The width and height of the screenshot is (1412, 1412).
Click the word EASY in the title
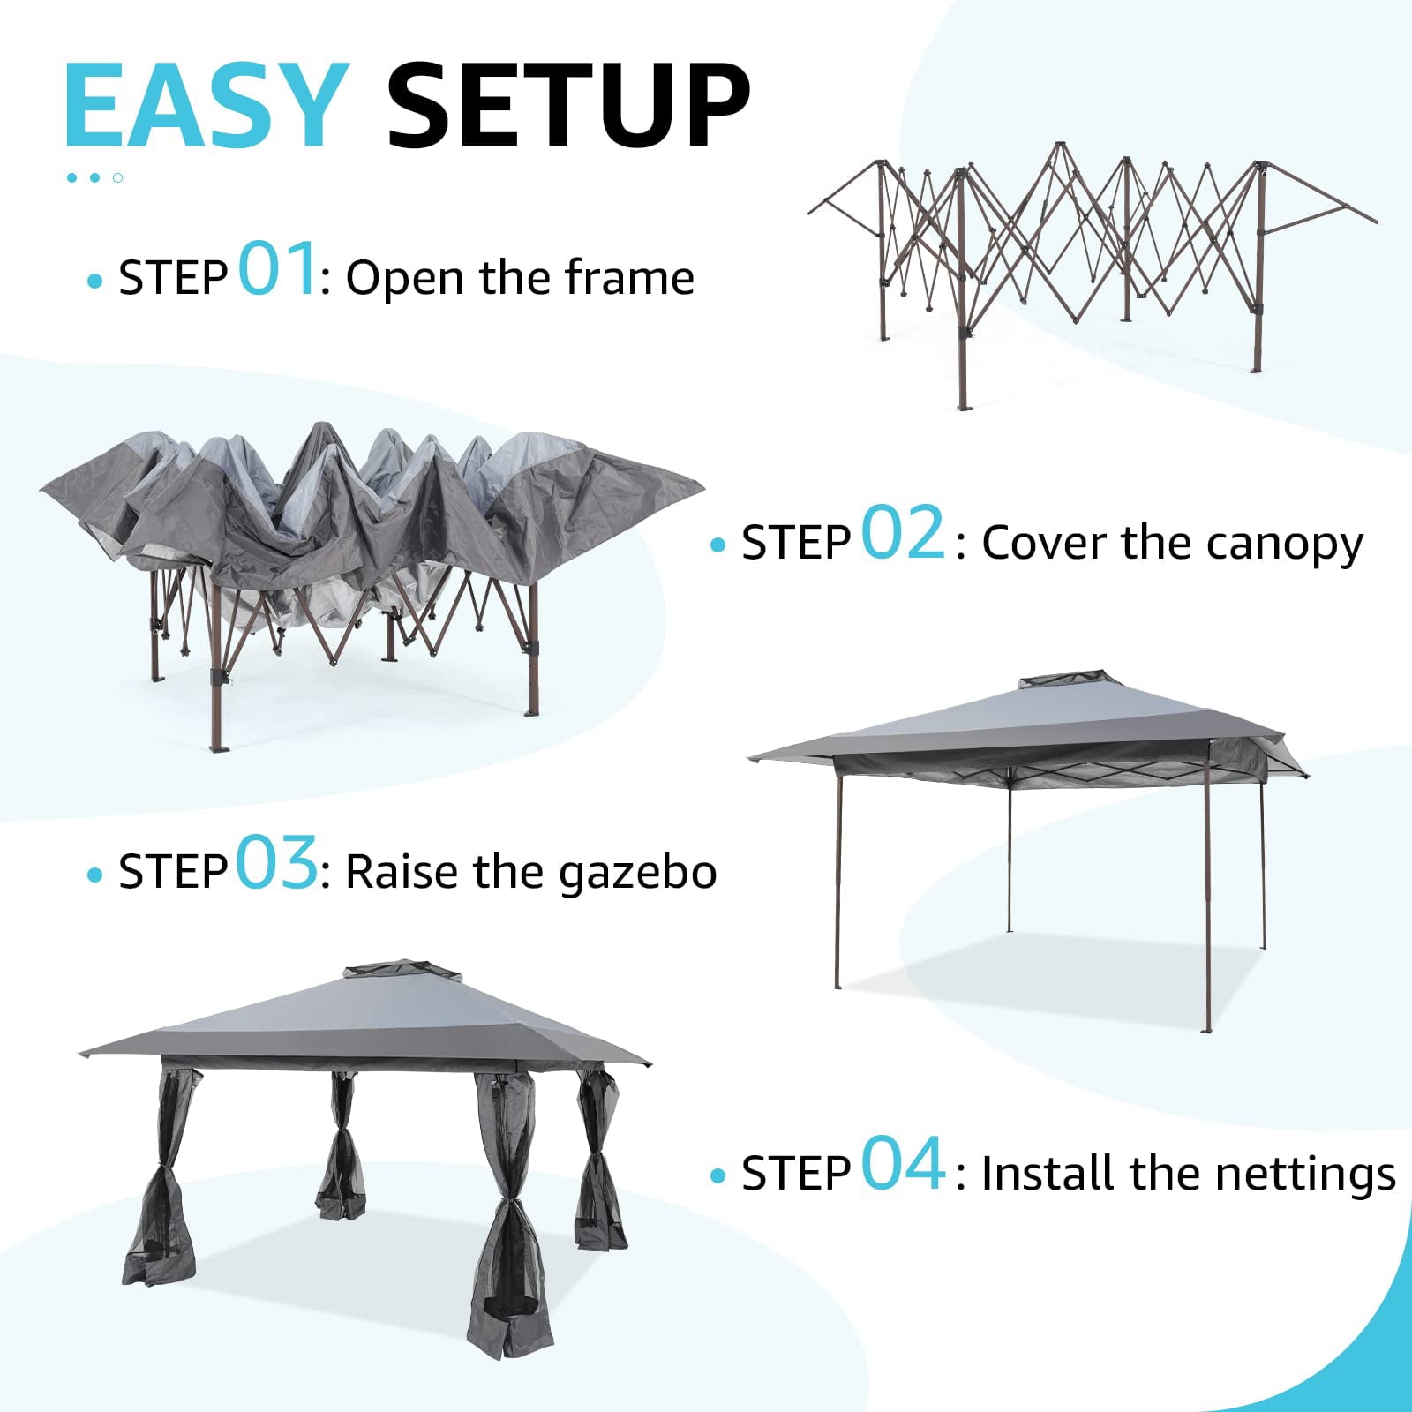point(205,106)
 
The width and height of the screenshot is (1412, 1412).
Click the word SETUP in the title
point(567,106)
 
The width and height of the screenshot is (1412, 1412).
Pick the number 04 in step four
point(902,1164)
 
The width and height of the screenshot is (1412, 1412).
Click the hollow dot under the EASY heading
point(117,178)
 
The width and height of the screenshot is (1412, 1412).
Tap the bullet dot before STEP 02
point(717,546)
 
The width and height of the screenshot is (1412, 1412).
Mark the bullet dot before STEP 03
point(95,875)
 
